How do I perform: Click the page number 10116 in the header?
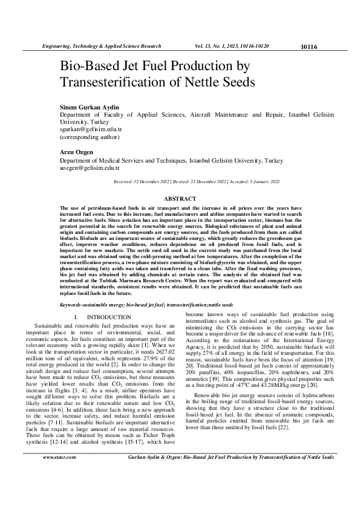point(309,47)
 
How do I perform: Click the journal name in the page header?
point(100,46)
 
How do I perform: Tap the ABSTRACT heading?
point(180,198)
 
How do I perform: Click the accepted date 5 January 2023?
point(261,181)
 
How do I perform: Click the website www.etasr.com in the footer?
point(59,475)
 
